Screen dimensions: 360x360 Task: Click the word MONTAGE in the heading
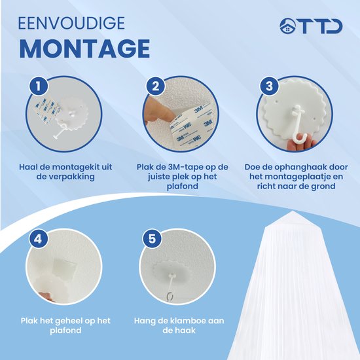point(84,48)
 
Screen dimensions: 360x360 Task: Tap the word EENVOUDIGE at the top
point(71,23)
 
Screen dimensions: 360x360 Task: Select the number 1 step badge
point(39,86)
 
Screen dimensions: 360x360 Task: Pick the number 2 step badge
point(156,86)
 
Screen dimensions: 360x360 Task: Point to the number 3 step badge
point(269,86)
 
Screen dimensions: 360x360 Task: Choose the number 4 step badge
point(38,239)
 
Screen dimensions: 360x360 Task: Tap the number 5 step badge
point(152,239)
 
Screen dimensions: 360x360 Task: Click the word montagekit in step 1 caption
point(76,167)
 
